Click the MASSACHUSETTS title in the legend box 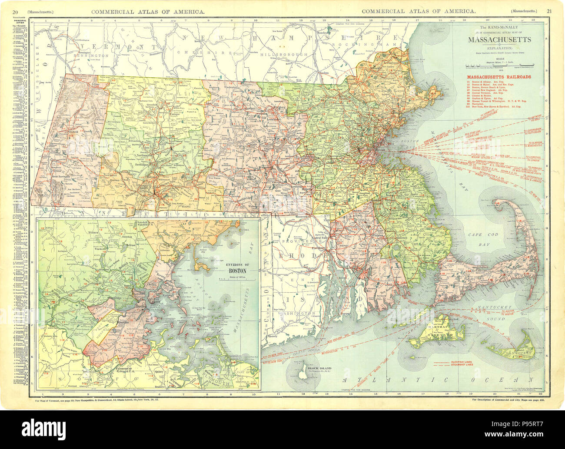[499, 40]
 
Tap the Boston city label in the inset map [140, 305]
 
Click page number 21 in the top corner [549, 10]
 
